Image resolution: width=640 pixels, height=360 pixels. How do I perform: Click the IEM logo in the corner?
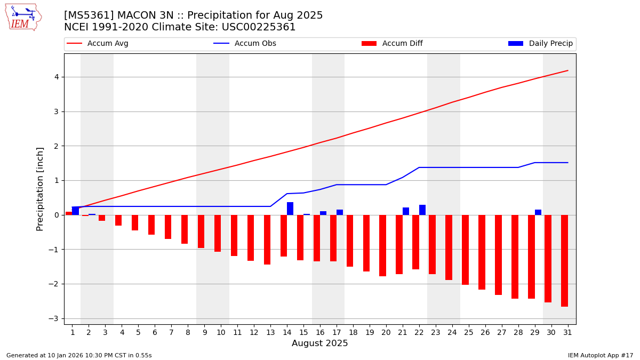coord(23,17)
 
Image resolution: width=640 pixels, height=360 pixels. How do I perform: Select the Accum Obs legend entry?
coord(245,44)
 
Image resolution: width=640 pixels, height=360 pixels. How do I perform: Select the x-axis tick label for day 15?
coord(303,332)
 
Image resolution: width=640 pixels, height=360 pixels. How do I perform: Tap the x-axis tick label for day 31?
coord(567,332)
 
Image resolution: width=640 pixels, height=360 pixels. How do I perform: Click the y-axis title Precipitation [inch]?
coord(40,189)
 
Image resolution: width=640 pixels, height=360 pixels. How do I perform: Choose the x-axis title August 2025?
coord(319,343)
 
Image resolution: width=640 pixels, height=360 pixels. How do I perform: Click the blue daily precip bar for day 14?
coord(290,209)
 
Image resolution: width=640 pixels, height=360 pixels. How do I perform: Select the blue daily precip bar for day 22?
coord(422,210)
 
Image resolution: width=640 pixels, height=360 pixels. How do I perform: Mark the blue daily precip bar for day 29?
coord(538,212)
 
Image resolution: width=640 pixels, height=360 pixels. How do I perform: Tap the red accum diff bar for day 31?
coord(564,261)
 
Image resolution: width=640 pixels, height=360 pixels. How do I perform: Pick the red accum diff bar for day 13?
coord(267,239)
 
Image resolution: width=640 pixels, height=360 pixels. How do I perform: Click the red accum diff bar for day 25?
coord(465,250)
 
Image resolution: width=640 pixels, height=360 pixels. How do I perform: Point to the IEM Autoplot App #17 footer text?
coord(601,355)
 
